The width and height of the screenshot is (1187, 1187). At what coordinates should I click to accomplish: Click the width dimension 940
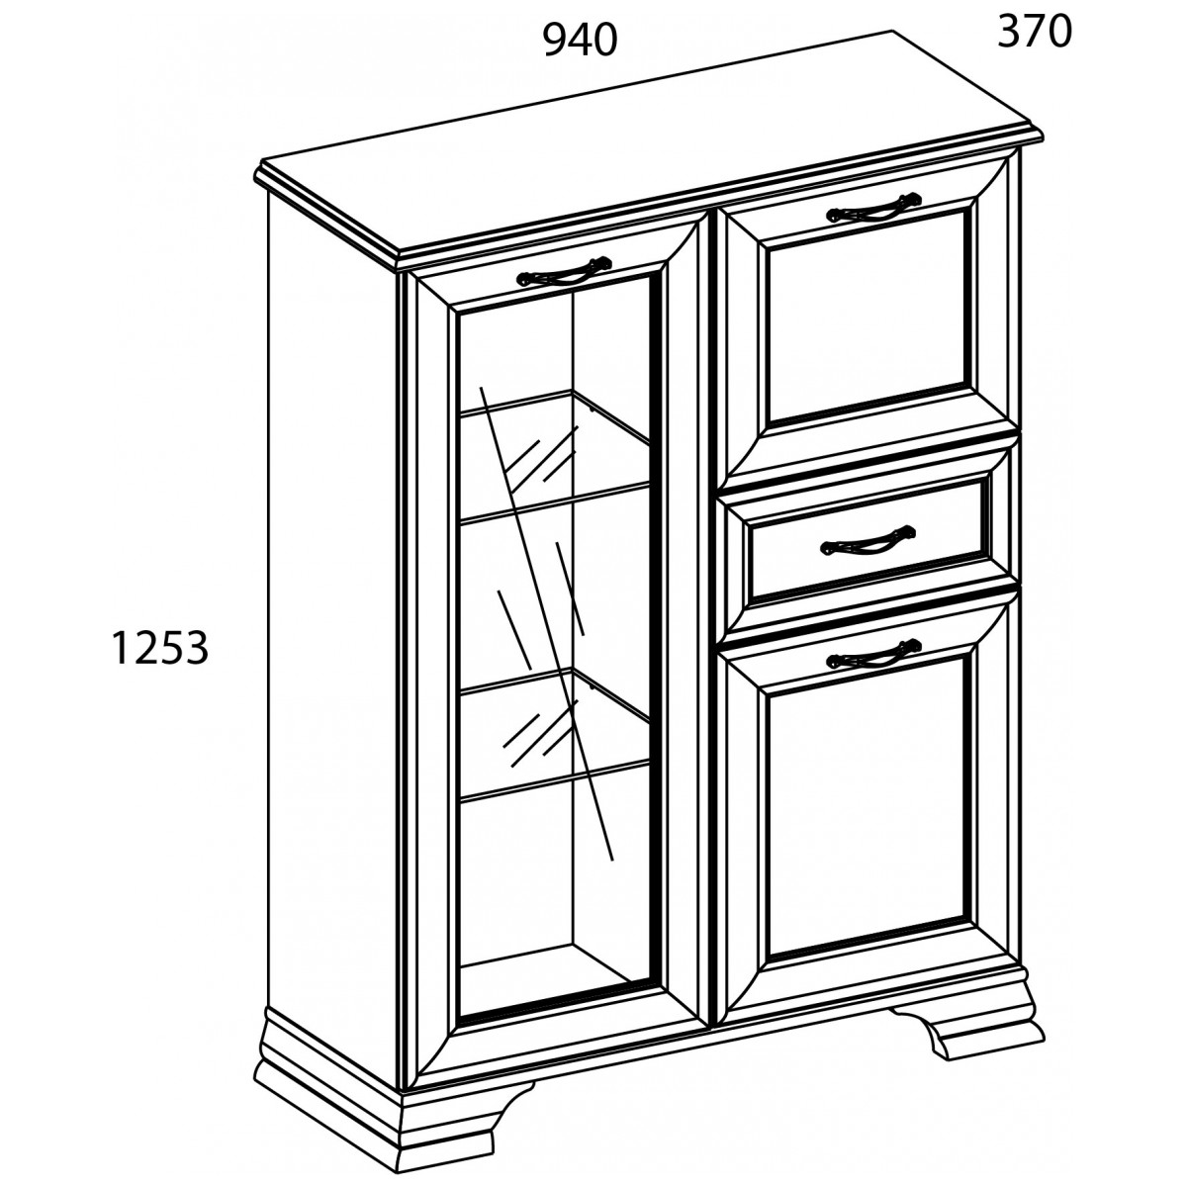[x=580, y=42]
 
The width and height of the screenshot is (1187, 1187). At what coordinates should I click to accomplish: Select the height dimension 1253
[x=159, y=647]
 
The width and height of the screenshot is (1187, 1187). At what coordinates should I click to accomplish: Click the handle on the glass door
[x=564, y=272]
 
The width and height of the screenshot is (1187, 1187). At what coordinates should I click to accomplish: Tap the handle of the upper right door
[x=874, y=207]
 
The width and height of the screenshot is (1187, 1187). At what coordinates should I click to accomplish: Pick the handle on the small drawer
[x=867, y=540]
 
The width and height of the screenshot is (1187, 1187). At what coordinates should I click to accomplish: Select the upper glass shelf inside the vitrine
[x=554, y=456]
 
